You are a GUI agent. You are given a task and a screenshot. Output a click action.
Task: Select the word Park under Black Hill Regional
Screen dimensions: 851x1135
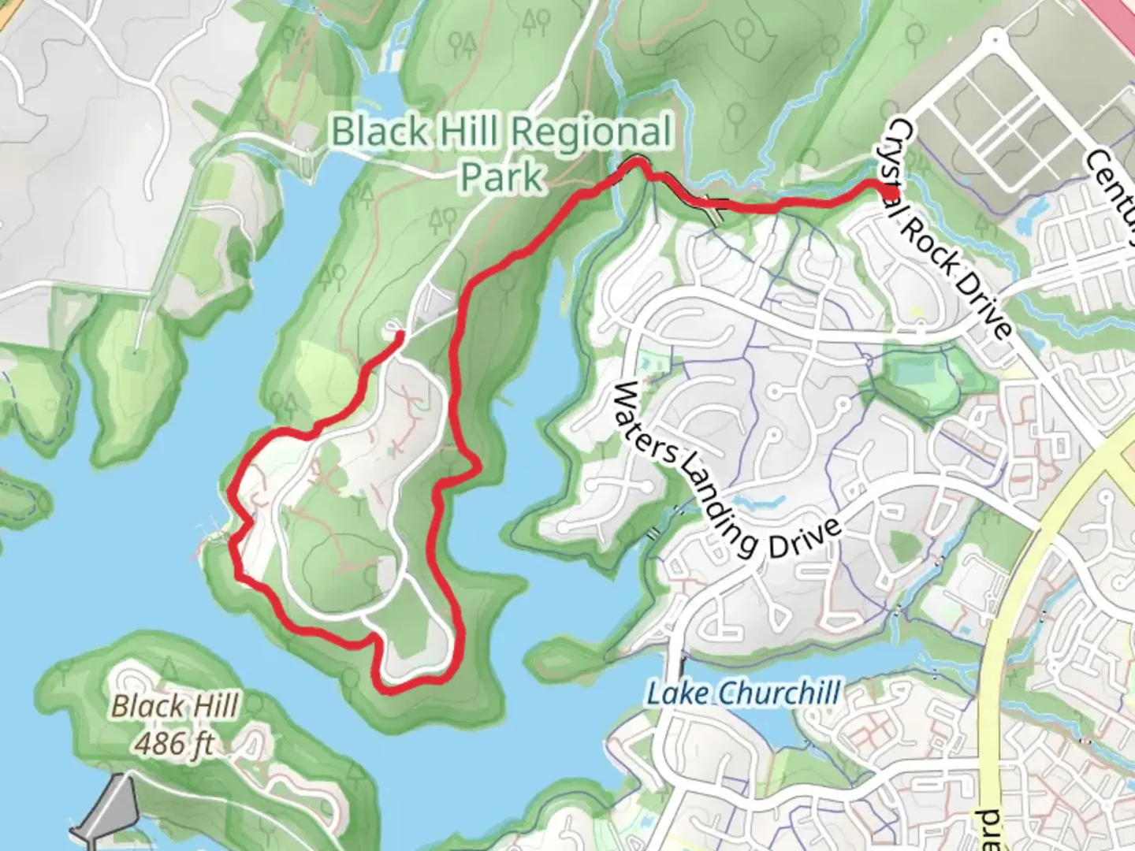point(501,177)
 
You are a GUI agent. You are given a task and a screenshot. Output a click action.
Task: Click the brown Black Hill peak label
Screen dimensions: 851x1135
point(174,706)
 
